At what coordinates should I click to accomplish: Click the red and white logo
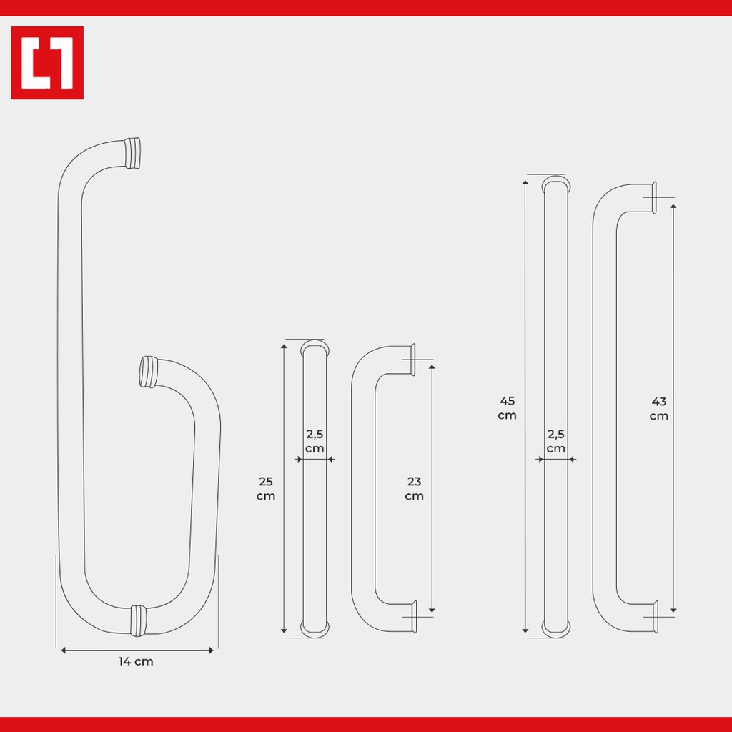pyautogui.click(x=47, y=63)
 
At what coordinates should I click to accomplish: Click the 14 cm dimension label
pyautogui.click(x=136, y=661)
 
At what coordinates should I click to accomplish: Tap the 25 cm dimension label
pyautogui.click(x=266, y=488)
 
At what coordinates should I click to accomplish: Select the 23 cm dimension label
pyautogui.click(x=414, y=488)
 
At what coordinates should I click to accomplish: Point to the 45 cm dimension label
pyautogui.click(x=507, y=408)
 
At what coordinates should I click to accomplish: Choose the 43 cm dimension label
pyautogui.click(x=658, y=408)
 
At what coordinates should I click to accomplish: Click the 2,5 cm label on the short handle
pyautogui.click(x=315, y=441)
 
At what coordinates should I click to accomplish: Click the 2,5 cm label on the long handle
pyautogui.click(x=556, y=441)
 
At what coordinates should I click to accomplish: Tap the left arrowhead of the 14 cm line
pyautogui.click(x=64, y=651)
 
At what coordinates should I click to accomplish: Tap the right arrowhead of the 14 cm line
pyautogui.click(x=211, y=651)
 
